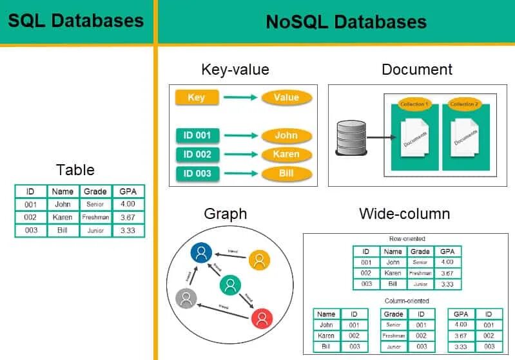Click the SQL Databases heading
75,20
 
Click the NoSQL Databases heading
346,22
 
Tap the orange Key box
197,98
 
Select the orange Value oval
286,98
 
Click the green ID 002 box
197,155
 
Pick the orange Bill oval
286,174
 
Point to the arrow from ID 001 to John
240,136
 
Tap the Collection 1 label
413,104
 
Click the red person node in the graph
262,318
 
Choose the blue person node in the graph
201,254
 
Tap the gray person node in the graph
186,298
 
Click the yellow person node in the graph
259,260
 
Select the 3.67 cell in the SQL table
128,217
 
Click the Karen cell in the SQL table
63,217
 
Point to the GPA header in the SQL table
128,191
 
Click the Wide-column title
404,214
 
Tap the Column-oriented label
406,301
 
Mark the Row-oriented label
407,239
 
